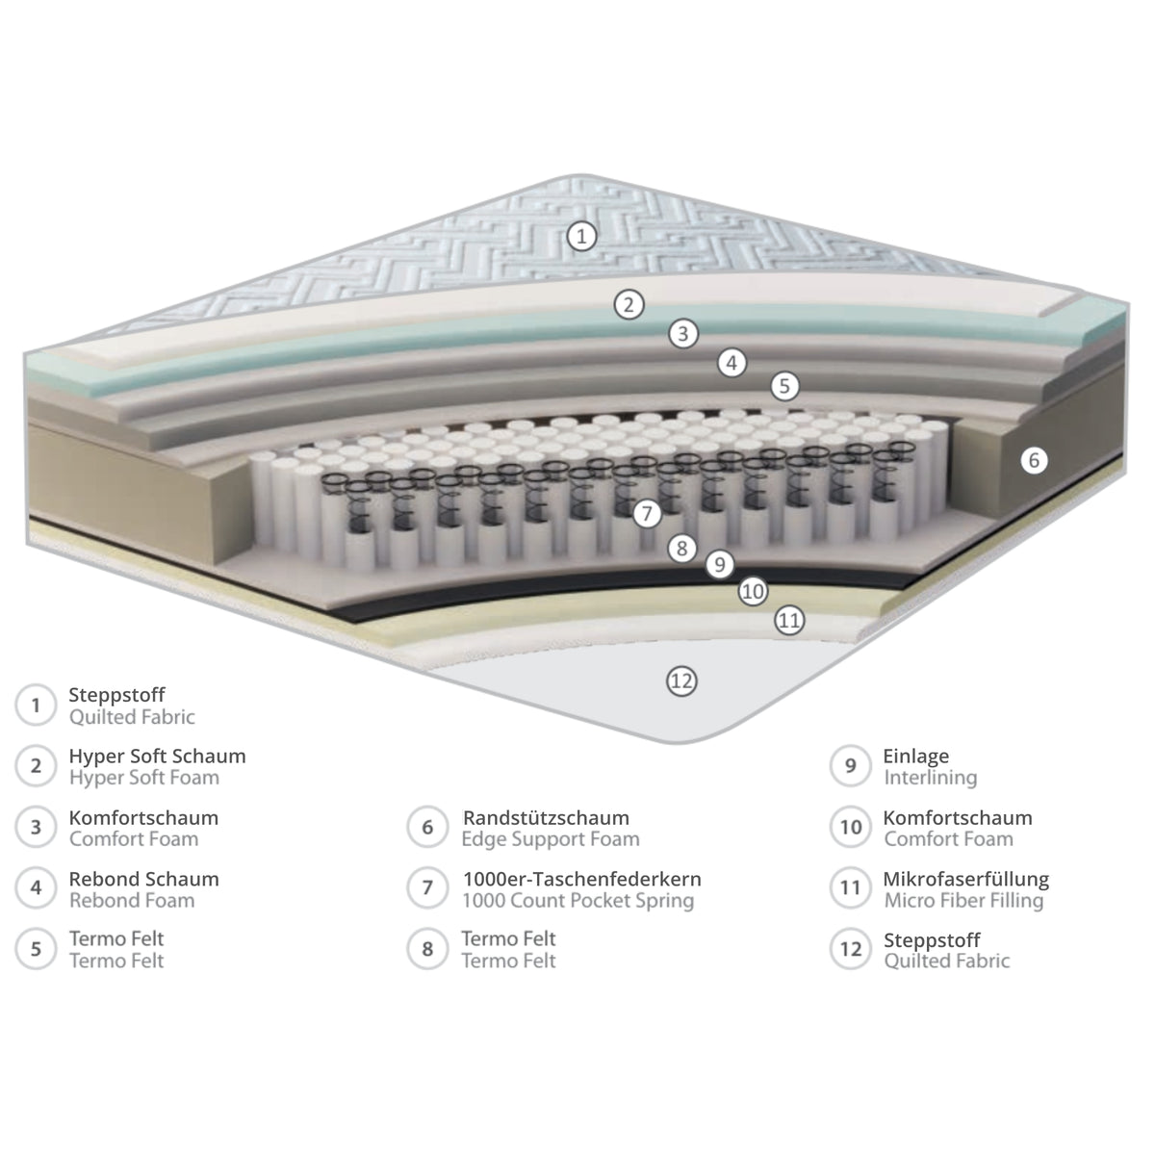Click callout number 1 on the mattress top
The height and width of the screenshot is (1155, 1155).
580,236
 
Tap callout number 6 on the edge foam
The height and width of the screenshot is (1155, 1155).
1034,460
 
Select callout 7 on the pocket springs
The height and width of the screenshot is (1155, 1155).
646,513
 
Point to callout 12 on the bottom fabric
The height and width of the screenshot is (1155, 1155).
681,680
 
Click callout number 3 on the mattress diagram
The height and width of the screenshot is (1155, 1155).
682,333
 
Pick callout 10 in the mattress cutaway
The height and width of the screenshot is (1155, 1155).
753,591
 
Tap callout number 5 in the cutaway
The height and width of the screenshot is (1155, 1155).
784,386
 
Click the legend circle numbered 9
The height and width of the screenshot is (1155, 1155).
850,765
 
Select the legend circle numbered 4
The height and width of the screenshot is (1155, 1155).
36,887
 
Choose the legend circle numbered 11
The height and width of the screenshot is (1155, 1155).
850,887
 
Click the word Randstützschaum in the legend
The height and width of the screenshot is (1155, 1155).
546,817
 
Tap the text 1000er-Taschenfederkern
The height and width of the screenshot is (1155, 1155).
581,879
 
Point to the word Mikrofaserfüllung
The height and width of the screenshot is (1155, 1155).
965,879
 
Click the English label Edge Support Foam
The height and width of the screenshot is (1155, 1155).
551,839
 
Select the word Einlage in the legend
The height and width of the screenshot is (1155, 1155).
916,757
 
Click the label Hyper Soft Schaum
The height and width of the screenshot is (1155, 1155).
157,757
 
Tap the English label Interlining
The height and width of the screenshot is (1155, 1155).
930,778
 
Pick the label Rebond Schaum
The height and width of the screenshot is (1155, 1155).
143,879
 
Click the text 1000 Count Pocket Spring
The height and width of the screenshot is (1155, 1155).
577,900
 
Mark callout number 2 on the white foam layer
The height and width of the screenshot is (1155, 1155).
629,304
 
